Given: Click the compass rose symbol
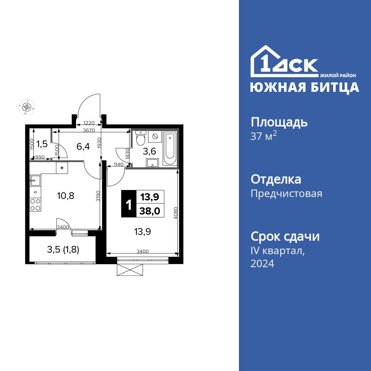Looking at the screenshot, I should tap(26, 107).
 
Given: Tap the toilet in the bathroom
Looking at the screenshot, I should tap(141, 139).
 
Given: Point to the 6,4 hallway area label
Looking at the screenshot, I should tap(83, 146).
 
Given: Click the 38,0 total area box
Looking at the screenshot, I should tap(150, 211).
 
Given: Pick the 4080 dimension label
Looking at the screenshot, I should tap(176, 214).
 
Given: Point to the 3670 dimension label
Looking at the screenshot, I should tap(89, 130).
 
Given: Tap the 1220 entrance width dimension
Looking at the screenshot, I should tap(89, 123).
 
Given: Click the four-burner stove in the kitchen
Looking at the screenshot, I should tap(35, 204).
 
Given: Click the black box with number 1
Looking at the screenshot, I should tap(128, 204).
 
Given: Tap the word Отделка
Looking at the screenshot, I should tap(276, 180).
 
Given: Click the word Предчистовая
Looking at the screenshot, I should tap(286, 194).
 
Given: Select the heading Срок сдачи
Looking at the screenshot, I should tap(285, 236).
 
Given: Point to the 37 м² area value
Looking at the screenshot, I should tap(264, 136).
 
